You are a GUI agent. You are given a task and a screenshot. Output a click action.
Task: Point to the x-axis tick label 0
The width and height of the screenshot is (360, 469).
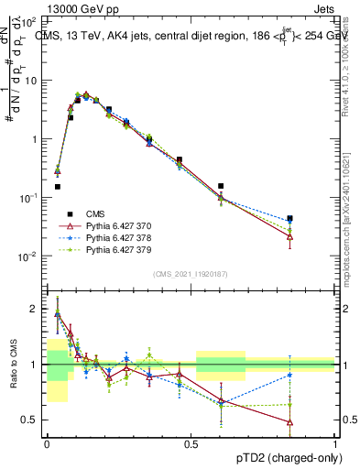[47, 442]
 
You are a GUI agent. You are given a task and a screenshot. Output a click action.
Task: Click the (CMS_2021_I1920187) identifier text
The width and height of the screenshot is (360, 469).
[191, 274]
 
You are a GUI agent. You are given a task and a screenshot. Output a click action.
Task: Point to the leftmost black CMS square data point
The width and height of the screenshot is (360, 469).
[57, 187]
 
